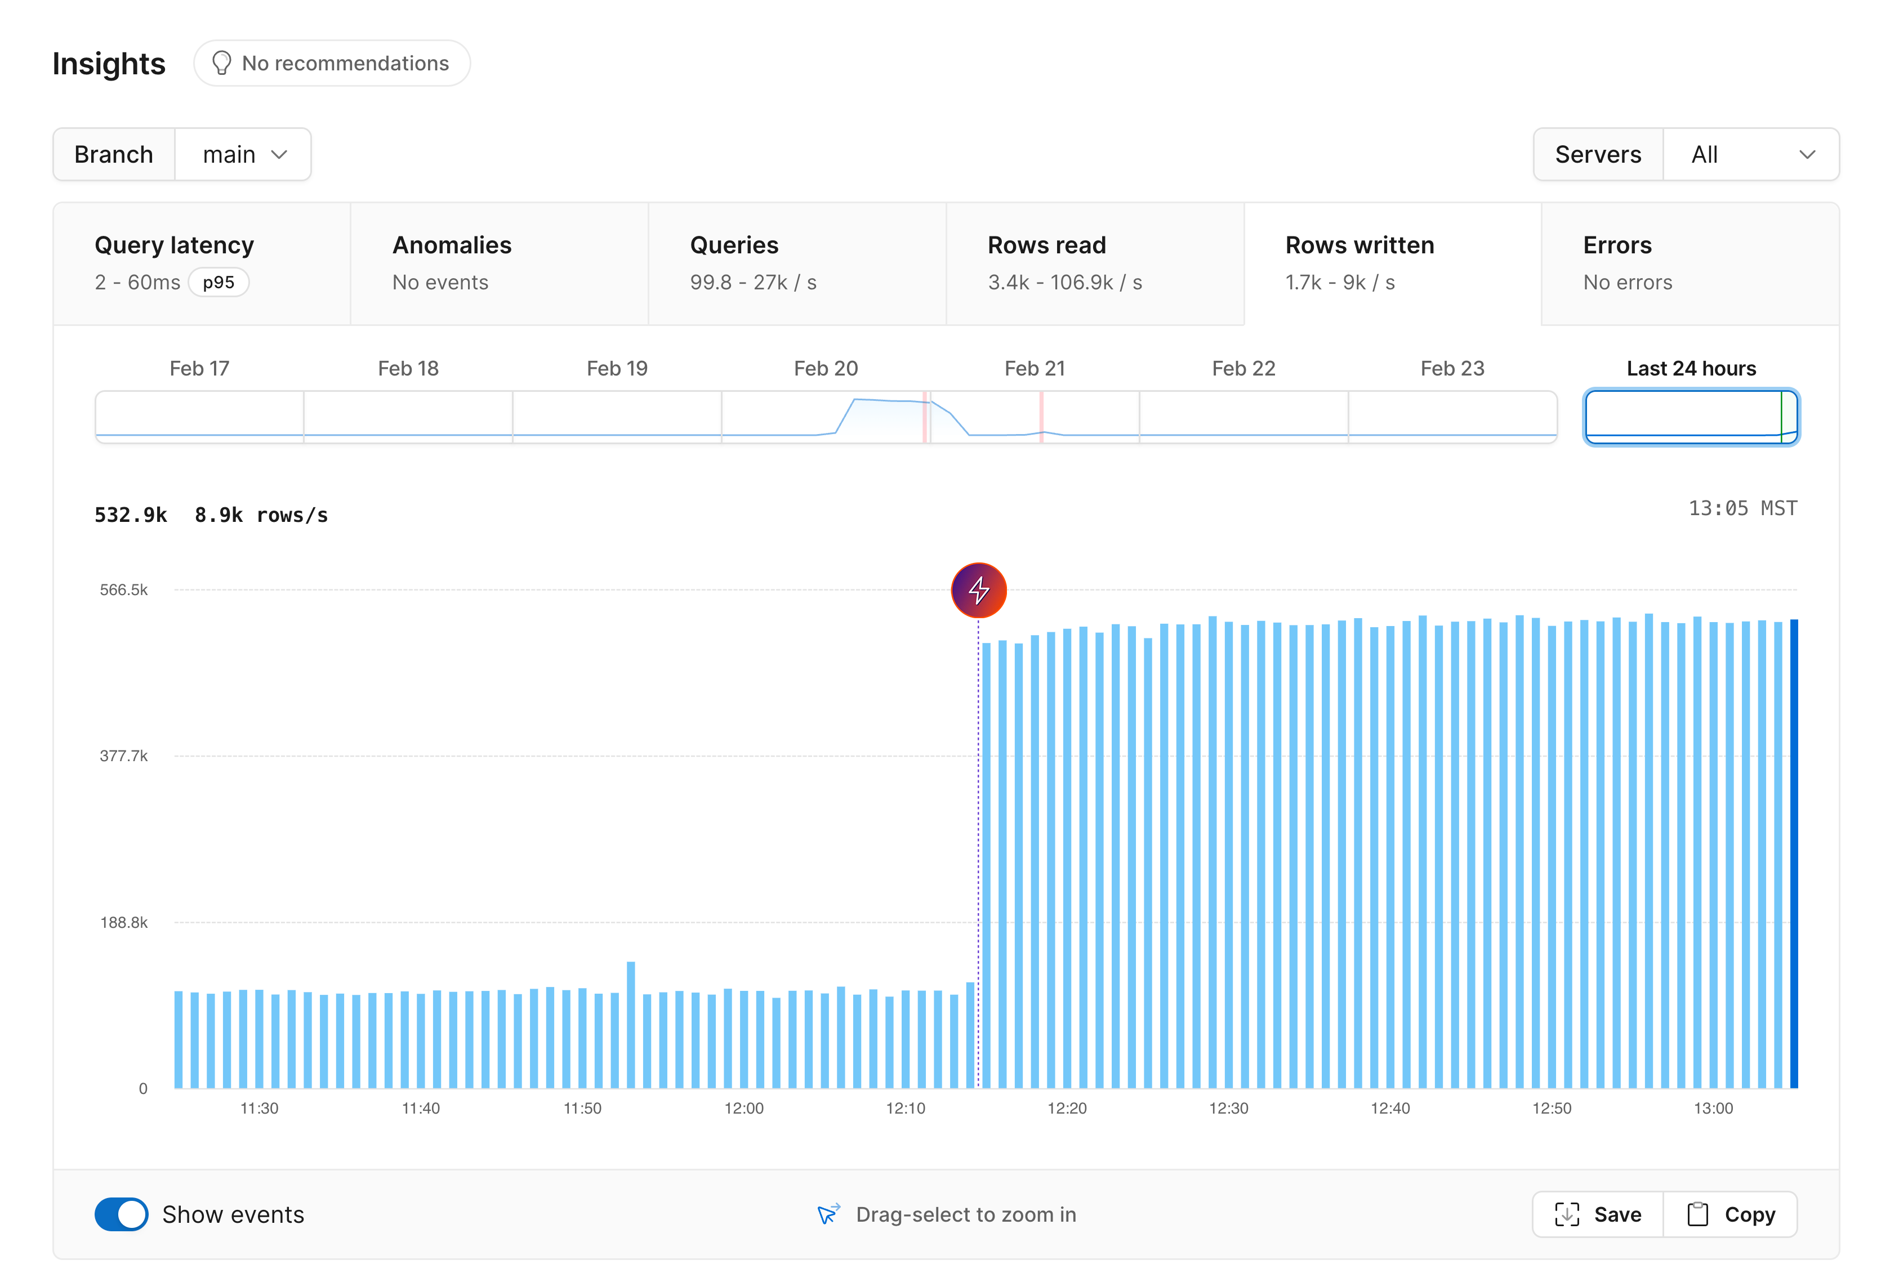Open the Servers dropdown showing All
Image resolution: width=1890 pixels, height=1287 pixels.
1750,154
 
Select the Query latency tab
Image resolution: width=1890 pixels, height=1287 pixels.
202,263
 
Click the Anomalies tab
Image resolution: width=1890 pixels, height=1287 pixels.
500,263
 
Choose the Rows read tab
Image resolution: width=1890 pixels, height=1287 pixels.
1095,263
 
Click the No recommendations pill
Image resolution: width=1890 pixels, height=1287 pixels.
332,64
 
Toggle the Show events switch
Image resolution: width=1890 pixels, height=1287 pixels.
121,1214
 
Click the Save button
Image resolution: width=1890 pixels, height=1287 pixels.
1597,1214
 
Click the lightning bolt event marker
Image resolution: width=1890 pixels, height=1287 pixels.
978,590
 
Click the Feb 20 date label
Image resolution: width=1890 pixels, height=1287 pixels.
826,368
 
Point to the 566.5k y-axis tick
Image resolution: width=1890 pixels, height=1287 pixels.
123,590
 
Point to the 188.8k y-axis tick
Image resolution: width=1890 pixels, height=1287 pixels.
123,922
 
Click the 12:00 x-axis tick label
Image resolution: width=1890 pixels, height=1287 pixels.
743,1108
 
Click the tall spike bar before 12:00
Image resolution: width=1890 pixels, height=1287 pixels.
631,1025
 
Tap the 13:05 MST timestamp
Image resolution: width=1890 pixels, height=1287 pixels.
1742,508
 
